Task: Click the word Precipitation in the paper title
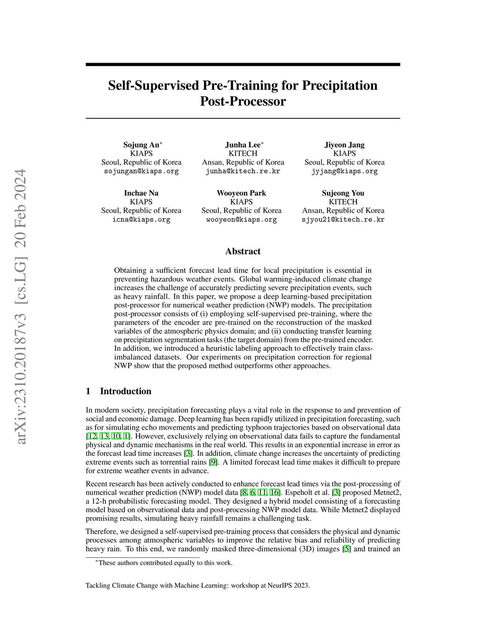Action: coord(340,85)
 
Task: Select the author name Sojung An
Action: coord(141,145)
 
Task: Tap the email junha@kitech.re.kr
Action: coord(243,171)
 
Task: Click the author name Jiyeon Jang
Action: coord(345,145)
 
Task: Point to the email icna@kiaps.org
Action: coord(141,219)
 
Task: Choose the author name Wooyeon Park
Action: coord(241,193)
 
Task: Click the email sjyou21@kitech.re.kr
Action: coord(343,219)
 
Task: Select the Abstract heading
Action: coord(243,251)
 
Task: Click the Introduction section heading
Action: coord(125,391)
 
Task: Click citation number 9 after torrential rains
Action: coord(213,462)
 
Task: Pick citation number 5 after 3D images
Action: coord(347,549)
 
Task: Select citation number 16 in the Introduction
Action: coord(274,492)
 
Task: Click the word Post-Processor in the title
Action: coord(243,102)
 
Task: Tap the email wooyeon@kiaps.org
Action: coord(241,219)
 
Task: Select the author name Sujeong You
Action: coord(343,193)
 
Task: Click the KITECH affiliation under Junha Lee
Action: coord(243,153)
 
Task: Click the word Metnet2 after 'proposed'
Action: coord(387,492)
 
